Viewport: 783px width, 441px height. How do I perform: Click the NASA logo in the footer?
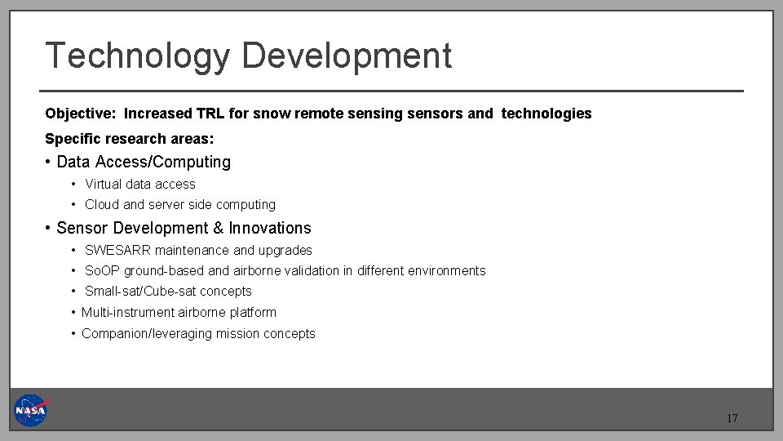tap(31, 410)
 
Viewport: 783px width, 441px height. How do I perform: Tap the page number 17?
tap(732, 419)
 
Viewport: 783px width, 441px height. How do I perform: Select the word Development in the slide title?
tap(347, 56)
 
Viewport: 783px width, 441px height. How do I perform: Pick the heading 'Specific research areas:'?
tap(129, 139)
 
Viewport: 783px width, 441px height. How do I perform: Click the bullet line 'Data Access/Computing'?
tap(144, 163)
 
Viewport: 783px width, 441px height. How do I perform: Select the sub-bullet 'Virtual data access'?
tap(140, 185)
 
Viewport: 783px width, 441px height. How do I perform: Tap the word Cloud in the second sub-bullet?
tap(102, 205)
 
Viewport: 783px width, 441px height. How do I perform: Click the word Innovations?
tap(270, 229)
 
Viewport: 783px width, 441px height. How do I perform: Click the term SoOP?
tap(102, 271)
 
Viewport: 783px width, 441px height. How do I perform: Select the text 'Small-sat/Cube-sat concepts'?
tap(168, 292)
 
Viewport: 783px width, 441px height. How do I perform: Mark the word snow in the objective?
tap(270, 114)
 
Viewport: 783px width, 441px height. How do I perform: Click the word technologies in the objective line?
tap(546, 114)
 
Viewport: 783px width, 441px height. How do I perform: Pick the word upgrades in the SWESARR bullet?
tap(285, 251)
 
